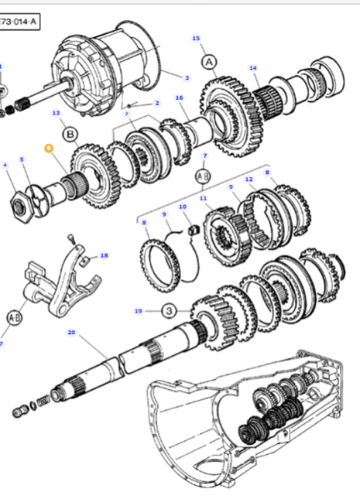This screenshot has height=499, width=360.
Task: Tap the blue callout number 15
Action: tap(195, 38)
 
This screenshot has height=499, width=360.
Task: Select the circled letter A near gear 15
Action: tap(208, 60)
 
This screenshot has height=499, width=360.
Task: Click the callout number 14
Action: tap(252, 68)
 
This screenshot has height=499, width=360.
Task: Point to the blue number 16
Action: tap(179, 97)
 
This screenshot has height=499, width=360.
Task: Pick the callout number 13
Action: tap(56, 114)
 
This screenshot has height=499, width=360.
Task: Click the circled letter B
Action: tap(70, 135)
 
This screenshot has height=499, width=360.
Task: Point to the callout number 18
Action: tap(105, 255)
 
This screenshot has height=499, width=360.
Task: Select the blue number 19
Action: tap(139, 311)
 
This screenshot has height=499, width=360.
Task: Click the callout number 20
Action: tap(70, 333)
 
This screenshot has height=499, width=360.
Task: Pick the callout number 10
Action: tap(183, 207)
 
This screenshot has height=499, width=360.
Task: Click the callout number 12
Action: tap(249, 179)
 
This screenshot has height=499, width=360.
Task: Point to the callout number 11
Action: tap(204, 198)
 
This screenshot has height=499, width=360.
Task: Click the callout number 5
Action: tap(22, 159)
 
